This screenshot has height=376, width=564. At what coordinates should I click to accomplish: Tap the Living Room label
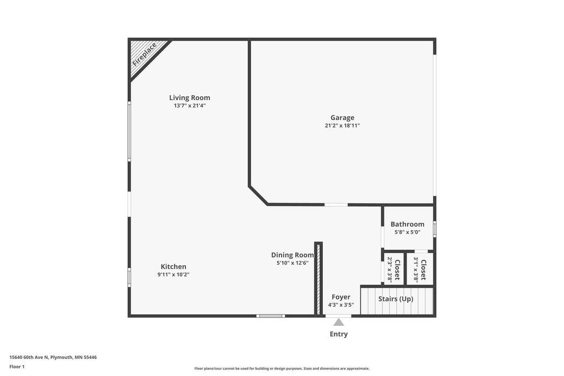pos(189,98)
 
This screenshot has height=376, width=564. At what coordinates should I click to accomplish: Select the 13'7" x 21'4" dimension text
pos(189,106)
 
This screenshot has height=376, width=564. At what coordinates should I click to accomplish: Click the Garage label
pos(342,117)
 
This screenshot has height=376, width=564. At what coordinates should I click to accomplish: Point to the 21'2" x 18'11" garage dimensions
pos(342,126)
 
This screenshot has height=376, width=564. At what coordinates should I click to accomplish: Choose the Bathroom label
pos(407,224)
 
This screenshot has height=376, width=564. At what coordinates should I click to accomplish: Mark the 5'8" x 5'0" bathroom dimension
pos(407,232)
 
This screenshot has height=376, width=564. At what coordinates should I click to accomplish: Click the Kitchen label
pos(173,266)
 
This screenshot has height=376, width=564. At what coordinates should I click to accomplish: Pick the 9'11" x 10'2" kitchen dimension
pos(173,275)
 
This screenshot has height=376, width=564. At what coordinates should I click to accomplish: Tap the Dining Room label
pos(292,255)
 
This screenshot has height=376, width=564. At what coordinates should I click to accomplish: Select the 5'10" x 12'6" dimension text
pos(292,263)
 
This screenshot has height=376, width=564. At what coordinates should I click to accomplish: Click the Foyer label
pos(341,297)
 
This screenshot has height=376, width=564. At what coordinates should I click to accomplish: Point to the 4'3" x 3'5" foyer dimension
pos(341,305)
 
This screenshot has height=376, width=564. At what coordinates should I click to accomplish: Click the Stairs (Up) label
pos(395,299)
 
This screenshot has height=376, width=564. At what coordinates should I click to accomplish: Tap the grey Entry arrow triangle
pos(339,322)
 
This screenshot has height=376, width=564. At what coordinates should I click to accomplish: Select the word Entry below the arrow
pos(339,334)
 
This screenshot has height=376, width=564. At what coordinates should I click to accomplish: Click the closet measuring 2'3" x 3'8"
pos(393,269)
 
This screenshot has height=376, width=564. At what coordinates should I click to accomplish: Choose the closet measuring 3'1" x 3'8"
pos(420,269)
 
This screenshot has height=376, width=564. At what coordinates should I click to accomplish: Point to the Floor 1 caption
pos(17,366)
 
